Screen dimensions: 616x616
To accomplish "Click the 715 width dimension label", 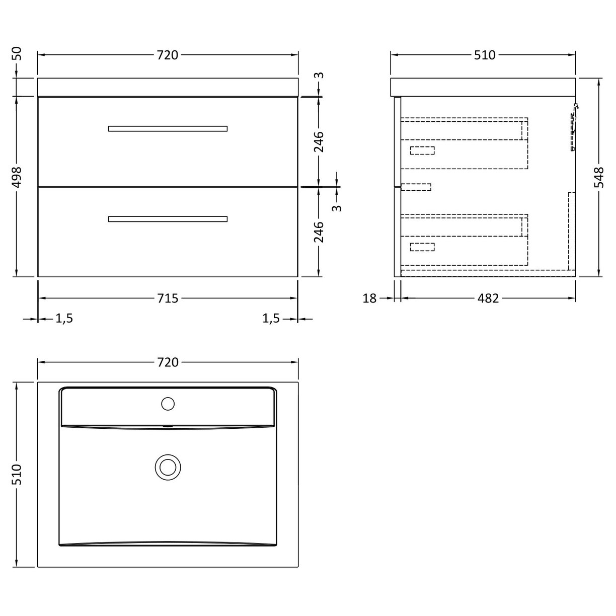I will (168, 298).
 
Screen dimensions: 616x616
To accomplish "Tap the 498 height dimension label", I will (17, 177).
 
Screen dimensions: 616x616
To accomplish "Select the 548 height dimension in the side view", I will (599, 177).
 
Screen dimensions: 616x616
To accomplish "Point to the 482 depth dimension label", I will (488, 298).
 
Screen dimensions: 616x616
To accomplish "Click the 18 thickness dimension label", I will (369, 298).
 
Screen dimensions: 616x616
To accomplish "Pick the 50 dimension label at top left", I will (17, 53).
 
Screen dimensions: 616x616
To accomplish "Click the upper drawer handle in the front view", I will (168, 128).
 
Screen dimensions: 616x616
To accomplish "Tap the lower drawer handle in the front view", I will (168, 219).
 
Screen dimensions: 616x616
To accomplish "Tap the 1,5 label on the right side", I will (271, 319).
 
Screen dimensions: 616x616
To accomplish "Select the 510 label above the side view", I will (485, 55).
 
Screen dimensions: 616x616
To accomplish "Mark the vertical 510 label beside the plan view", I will (17, 475).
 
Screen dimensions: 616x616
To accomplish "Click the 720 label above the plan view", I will (168, 362).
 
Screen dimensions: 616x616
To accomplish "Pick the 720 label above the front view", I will (168, 55).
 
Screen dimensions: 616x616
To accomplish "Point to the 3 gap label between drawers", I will (338, 207).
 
